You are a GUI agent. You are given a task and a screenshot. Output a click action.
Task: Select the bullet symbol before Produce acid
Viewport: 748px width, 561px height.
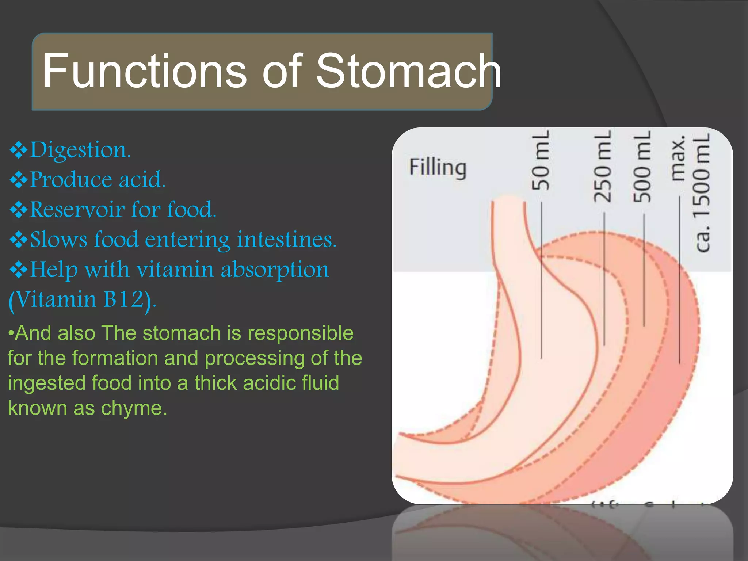(x=18, y=180)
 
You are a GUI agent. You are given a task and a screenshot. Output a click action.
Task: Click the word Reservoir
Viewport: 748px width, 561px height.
(x=77, y=210)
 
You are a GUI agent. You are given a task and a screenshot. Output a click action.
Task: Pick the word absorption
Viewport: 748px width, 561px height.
(x=275, y=270)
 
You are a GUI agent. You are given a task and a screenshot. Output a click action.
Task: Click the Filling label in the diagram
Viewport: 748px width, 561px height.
(x=438, y=168)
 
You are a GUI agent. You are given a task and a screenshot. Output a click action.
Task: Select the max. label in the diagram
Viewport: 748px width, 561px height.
(x=679, y=159)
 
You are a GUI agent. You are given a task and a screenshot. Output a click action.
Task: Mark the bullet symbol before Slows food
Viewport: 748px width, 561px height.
(x=18, y=240)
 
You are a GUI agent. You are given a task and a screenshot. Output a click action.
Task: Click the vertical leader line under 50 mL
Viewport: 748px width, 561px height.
(x=541, y=281)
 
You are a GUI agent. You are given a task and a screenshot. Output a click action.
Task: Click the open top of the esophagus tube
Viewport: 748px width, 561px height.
(x=508, y=199)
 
